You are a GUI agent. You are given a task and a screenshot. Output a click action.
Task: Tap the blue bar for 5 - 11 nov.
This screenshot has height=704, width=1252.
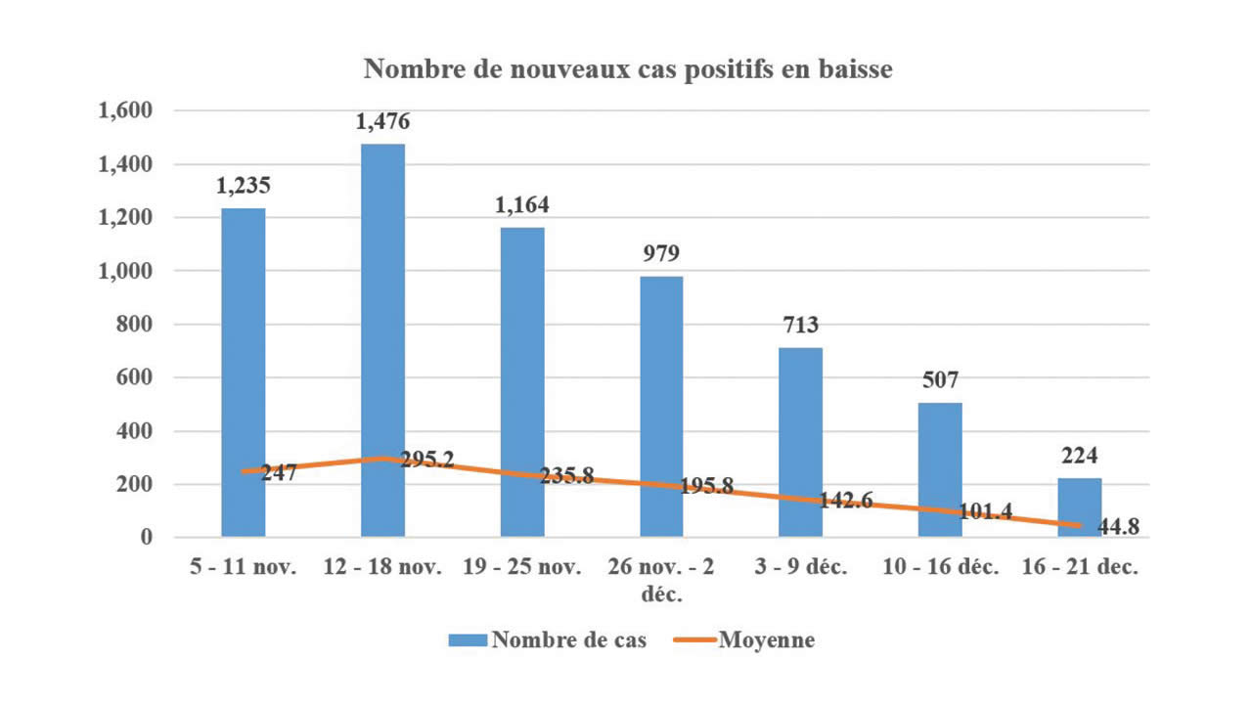coord(243,373)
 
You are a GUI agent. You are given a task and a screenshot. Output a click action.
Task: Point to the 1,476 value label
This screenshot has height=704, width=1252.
coord(382,122)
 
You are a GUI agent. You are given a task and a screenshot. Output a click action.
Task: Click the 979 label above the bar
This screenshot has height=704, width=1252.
coord(661,254)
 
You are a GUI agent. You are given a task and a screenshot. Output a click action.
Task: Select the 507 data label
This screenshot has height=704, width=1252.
coord(940,379)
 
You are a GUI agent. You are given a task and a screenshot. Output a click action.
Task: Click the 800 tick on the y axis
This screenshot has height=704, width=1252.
coord(138,325)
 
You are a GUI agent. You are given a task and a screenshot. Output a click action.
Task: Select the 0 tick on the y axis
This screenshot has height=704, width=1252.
coord(147,538)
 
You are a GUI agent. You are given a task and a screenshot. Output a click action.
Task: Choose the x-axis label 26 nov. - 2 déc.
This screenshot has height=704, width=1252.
coord(661,581)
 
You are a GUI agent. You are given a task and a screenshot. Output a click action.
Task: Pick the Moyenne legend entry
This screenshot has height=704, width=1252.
coord(745,641)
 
